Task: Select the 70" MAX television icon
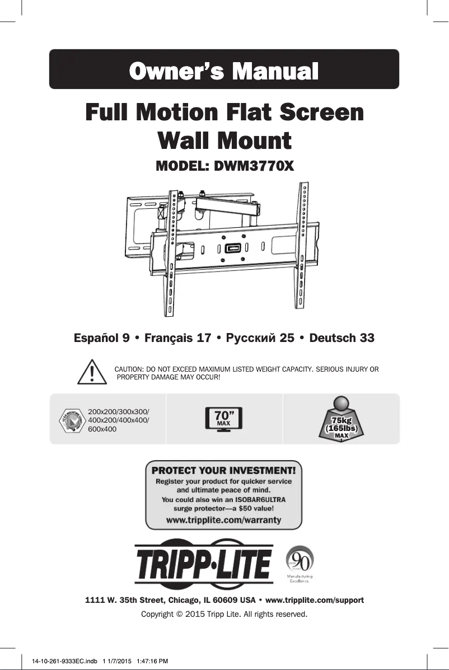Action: [224, 419]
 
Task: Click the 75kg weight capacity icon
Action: [342, 420]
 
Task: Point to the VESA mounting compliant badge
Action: [72, 420]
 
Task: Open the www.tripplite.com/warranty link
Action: [223, 520]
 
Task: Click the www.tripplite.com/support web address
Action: [314, 600]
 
